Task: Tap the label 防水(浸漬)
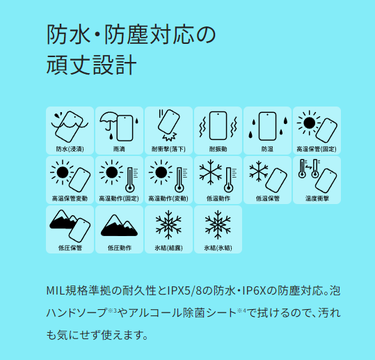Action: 70,149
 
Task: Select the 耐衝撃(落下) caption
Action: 168,149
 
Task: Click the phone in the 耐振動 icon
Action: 218,125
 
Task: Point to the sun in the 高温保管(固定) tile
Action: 309,123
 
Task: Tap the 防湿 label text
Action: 267,149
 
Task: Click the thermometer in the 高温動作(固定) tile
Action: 130,180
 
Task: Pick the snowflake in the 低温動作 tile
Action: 210,173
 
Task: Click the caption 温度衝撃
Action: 317,198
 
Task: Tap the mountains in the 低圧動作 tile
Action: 119,225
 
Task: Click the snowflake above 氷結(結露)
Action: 168,225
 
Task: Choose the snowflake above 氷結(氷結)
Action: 218,225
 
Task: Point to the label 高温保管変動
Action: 70,198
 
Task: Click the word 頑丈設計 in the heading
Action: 91,65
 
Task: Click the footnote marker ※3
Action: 113,311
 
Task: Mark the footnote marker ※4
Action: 241,311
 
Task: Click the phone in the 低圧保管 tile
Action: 79,230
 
